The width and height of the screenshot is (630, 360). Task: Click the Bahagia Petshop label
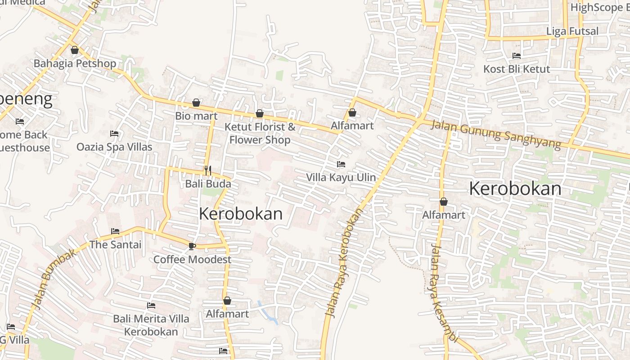[x=75, y=63]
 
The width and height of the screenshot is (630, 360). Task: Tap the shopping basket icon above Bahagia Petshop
[x=75, y=50]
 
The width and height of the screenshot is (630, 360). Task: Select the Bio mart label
[x=196, y=116]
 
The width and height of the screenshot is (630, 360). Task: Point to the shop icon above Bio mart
[x=196, y=103]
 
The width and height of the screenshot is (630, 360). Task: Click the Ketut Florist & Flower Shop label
[x=260, y=133]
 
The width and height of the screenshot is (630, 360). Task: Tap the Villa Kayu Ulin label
[x=341, y=177]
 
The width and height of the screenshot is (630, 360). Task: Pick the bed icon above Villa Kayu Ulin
[x=341, y=164]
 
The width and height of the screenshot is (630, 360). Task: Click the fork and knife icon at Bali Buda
[x=208, y=170]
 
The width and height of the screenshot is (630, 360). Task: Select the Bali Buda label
[x=208, y=184]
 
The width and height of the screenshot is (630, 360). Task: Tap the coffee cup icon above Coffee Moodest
[x=192, y=246]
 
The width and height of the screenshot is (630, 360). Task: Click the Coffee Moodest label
[x=192, y=260]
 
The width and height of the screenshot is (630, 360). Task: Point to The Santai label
[x=115, y=245]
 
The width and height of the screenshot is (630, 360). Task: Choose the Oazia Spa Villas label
[x=114, y=147]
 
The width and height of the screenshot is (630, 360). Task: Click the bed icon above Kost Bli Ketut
[x=517, y=56]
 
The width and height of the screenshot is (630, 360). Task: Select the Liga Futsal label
[x=572, y=31]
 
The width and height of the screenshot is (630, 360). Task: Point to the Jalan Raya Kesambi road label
[x=443, y=292]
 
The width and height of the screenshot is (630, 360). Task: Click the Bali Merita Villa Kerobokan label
[x=151, y=325]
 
